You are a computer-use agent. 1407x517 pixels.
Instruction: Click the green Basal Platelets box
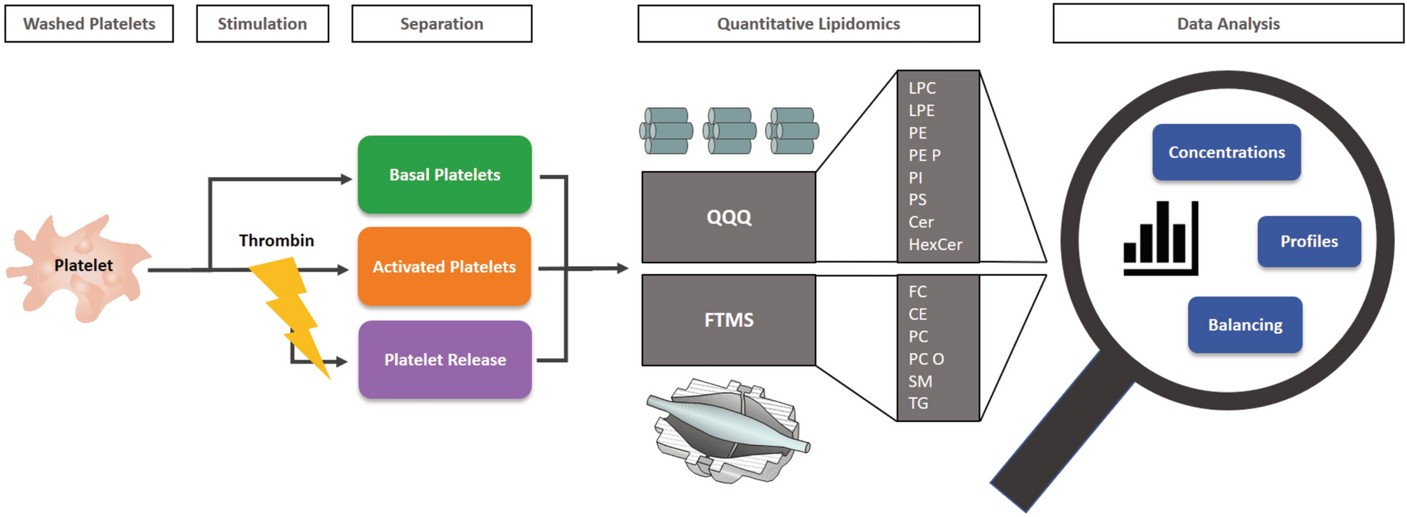[444, 174]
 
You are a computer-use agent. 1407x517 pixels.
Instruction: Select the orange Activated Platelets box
[444, 267]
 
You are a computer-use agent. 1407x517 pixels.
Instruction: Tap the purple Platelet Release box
[444, 360]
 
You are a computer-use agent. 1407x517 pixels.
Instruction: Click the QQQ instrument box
[729, 217]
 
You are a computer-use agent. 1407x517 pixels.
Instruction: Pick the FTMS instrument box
[729, 320]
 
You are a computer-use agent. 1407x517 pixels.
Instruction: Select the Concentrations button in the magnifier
[1226, 153]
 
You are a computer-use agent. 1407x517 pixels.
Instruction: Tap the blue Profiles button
[1309, 242]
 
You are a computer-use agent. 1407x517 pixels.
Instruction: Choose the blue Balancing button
[1245, 325]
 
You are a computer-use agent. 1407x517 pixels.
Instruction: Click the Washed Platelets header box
[90, 24]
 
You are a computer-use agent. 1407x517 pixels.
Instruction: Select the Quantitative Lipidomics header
[808, 24]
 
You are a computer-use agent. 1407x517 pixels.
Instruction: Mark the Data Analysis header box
[1228, 24]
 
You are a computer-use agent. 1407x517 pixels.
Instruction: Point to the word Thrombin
[276, 241]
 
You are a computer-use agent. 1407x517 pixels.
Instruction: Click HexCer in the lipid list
[935, 244]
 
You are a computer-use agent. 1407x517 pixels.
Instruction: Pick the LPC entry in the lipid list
[922, 88]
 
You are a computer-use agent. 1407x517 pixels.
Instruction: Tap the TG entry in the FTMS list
[918, 404]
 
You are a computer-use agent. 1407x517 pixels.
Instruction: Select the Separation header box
[442, 24]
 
